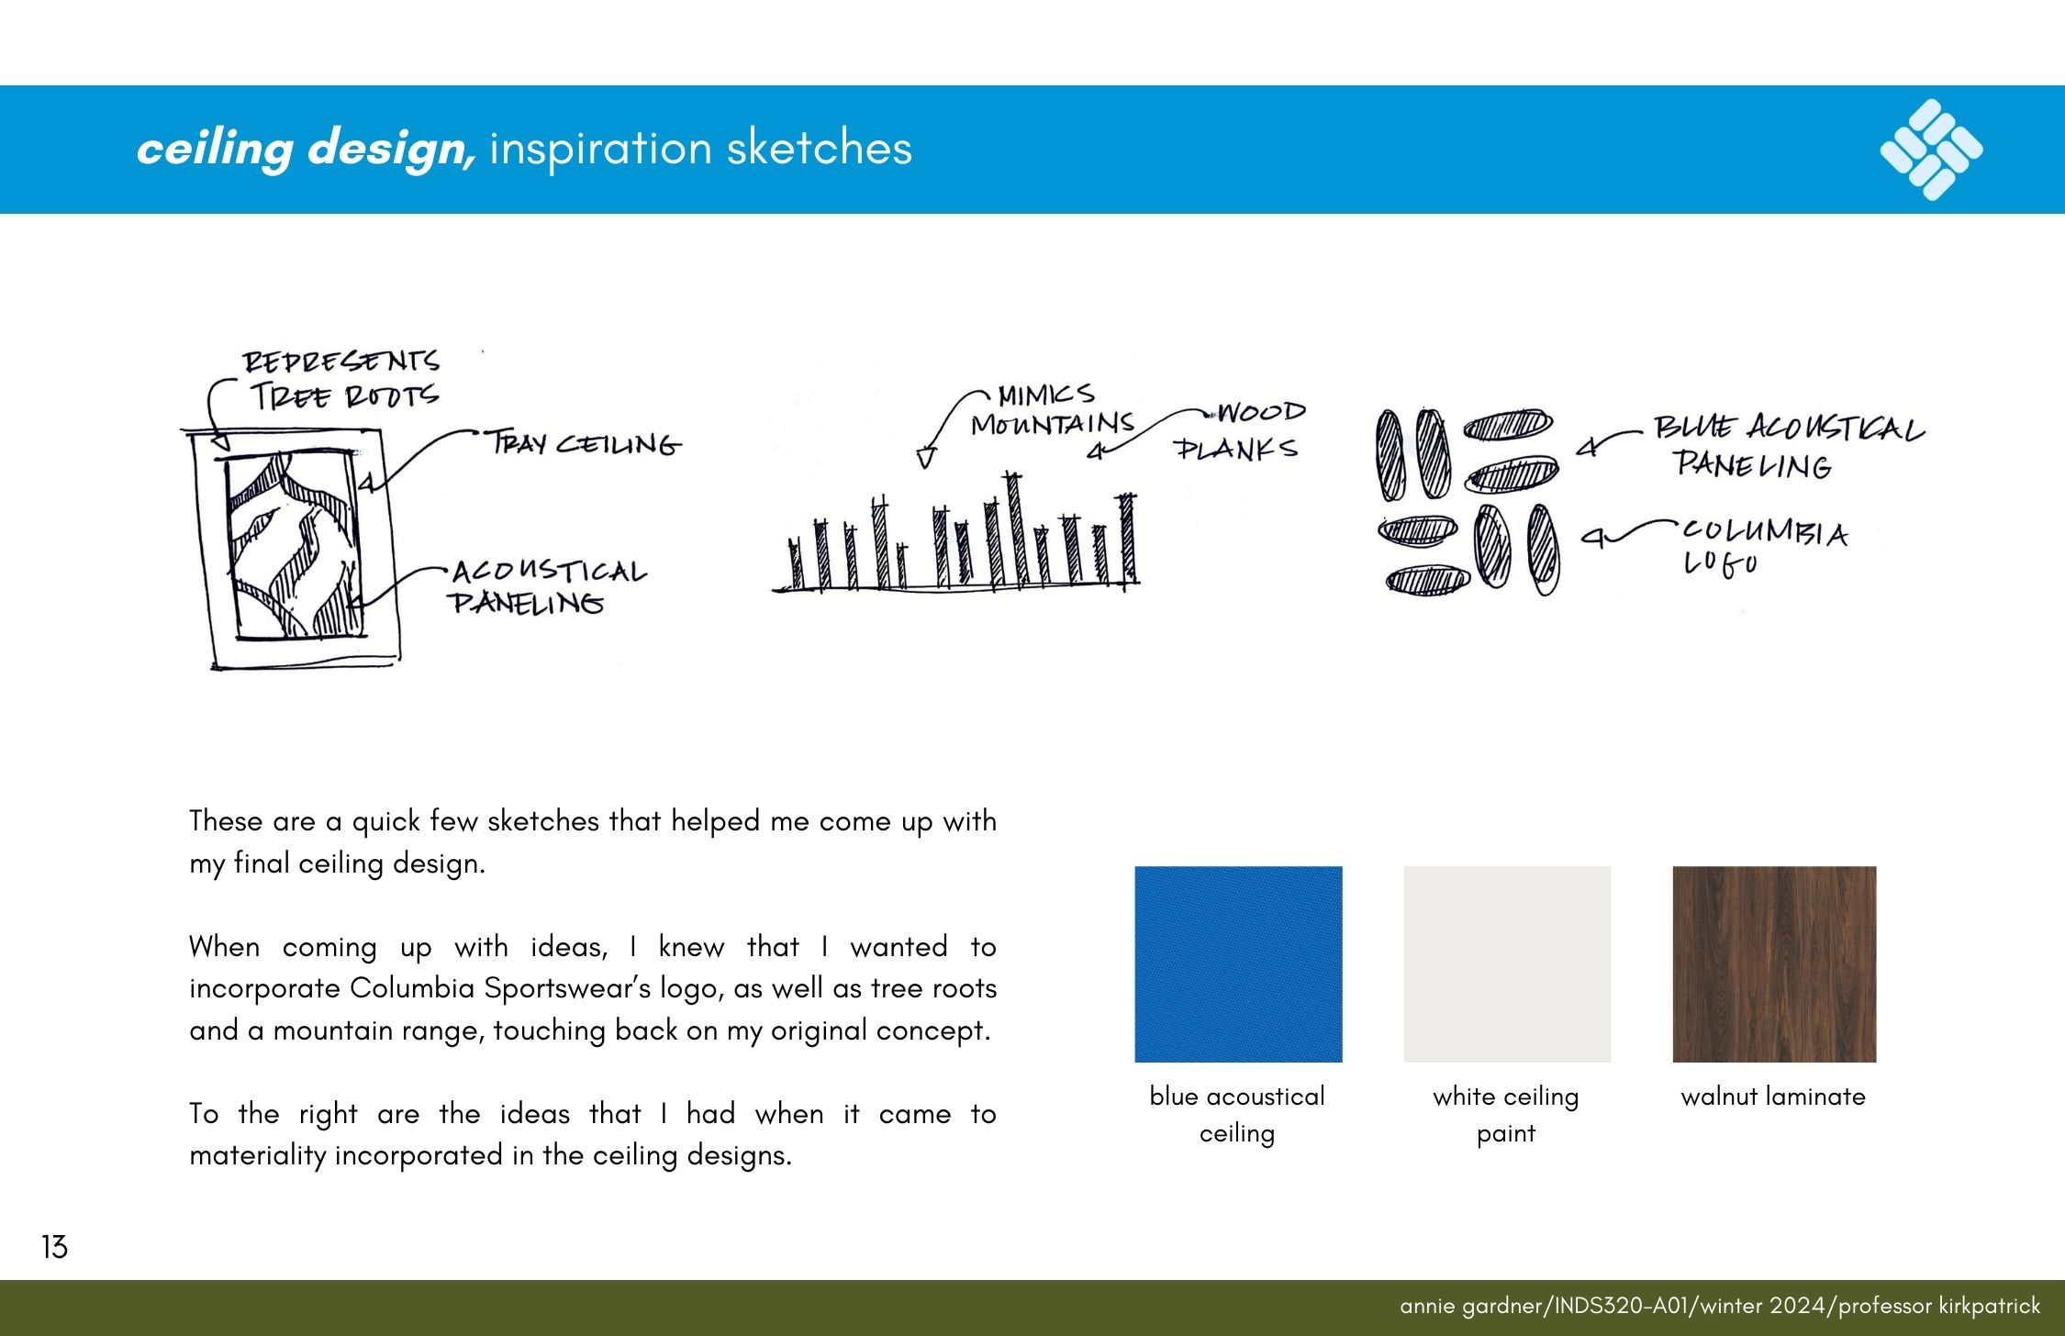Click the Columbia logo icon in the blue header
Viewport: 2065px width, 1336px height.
(x=1931, y=149)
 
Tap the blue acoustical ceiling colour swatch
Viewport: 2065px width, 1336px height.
(x=1238, y=963)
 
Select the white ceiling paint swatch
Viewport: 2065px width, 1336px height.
(x=1507, y=963)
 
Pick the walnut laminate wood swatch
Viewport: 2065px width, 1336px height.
(x=1774, y=963)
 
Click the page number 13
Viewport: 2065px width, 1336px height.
(x=54, y=1247)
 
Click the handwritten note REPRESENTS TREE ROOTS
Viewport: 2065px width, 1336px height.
(x=341, y=379)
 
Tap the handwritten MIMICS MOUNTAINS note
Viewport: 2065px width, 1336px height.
(x=1052, y=410)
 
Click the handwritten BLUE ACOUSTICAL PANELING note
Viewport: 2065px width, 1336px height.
(x=1788, y=447)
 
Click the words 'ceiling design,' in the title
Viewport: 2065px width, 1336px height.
(x=307, y=149)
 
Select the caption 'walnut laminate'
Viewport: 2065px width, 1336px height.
(x=1773, y=1097)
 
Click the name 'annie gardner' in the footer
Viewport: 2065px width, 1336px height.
(x=1473, y=1306)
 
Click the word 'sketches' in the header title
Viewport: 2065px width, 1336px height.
(x=820, y=149)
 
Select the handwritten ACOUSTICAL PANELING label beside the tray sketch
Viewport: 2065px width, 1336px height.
(x=548, y=587)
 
